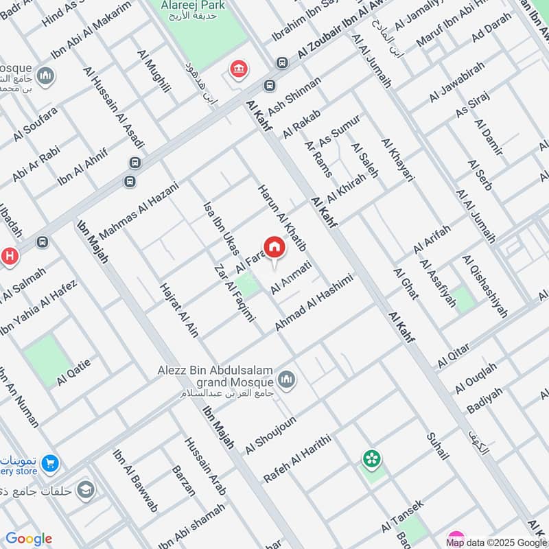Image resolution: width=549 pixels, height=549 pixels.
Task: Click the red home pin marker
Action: point(274,248)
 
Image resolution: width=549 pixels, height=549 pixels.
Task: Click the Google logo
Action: point(29,539)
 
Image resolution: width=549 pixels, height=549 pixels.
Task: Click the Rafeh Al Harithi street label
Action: point(297,458)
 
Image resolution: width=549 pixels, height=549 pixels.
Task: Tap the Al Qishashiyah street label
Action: point(484,287)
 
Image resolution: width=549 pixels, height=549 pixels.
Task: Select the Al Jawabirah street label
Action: point(457,82)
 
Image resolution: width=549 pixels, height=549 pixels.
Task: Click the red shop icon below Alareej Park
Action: point(238,69)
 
